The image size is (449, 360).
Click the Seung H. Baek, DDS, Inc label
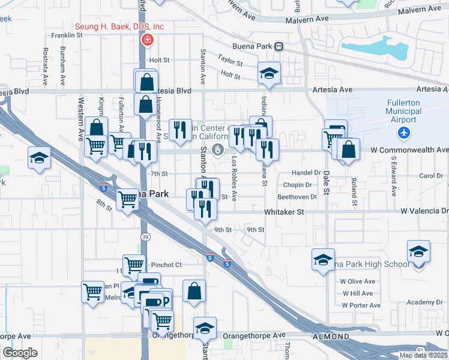119,27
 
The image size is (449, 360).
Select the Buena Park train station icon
279,46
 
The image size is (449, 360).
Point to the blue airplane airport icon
405,131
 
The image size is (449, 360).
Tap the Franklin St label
67,35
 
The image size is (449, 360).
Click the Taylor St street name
230,61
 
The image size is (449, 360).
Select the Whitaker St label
285,212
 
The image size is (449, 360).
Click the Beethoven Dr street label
297,197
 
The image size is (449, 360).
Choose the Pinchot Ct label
166,265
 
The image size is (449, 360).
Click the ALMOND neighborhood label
331,337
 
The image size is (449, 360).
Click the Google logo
20,353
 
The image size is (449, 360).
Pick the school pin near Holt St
270,74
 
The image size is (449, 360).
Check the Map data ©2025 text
423,355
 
